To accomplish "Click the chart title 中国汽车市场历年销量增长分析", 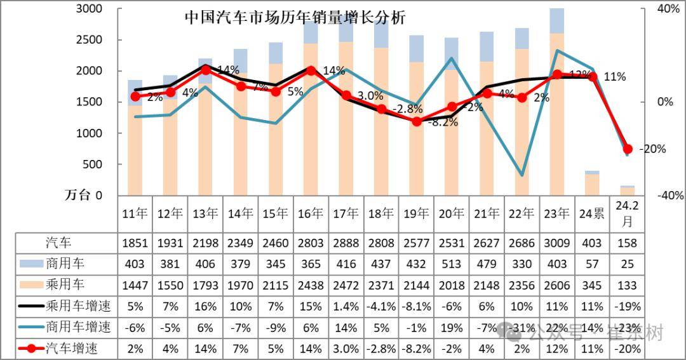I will pos(295,17).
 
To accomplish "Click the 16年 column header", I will pos(310,214).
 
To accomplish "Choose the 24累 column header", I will pos(592,214).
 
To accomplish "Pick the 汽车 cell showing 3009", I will pos(556,243).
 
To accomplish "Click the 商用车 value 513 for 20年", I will pos(450,263).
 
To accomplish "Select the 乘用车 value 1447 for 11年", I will pos(134,285).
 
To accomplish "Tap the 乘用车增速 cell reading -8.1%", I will pos(415,307).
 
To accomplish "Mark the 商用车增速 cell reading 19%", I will pos(450,328).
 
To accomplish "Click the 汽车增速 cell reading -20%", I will pos(627,349).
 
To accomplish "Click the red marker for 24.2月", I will pos(628,149).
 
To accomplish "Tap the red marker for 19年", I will pos(417,121).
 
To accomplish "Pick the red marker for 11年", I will pos(135,97).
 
